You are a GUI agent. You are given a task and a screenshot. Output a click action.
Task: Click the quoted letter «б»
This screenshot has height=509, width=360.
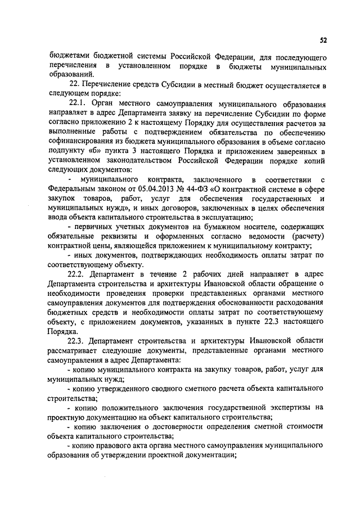[x=97, y=151]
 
